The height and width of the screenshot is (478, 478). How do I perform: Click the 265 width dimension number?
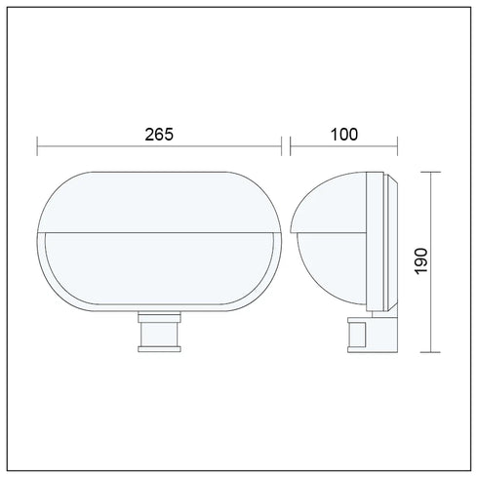[159, 135]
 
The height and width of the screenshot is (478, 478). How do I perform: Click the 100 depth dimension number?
[344, 135]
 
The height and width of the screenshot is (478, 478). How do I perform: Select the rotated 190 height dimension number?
[421, 261]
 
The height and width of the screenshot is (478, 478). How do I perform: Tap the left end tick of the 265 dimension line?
[37, 146]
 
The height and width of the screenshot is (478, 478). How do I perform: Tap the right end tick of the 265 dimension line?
[281, 146]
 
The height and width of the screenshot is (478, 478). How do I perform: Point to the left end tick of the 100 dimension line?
[291, 146]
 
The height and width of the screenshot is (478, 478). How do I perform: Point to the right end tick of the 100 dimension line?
[397, 146]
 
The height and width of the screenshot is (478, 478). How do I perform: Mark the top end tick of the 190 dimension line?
[431, 172]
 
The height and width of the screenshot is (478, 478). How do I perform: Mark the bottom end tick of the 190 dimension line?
[431, 352]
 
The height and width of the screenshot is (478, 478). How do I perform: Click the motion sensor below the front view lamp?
[159, 332]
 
